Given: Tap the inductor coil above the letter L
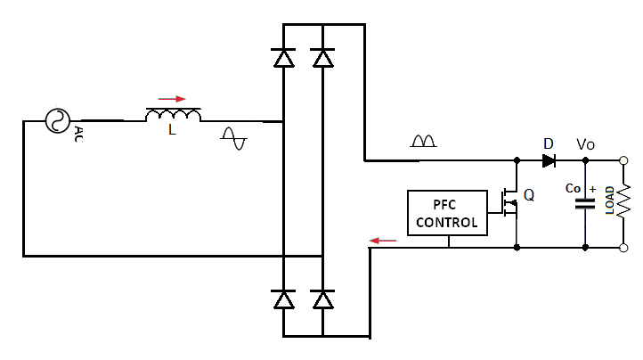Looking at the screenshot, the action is pos(174,115).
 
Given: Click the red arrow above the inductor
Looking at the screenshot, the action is pos(172,99).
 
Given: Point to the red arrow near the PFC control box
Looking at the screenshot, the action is pos(383,241).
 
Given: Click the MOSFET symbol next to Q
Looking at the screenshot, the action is pos(509,203).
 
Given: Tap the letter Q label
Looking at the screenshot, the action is pos(529,195).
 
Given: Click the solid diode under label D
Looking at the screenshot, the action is pos(549,161).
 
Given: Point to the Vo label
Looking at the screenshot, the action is pos(585,144).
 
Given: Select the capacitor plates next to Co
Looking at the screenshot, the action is pos(585,204).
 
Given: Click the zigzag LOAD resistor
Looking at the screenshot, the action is pos(623,201).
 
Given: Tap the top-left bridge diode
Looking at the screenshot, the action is pos(283,58).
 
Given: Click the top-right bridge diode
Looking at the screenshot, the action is pos(322,58).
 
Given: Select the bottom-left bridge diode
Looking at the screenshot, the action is pos(283,299).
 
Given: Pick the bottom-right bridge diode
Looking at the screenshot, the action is pos(322,299).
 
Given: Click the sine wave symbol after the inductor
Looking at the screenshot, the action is pos(233,139).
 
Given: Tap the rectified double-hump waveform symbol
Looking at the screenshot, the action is pos(423,141).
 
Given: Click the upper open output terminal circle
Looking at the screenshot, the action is pos(623,160).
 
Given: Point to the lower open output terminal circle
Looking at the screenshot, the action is pos(623,248).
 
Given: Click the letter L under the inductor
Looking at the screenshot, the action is pos(172,130).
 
